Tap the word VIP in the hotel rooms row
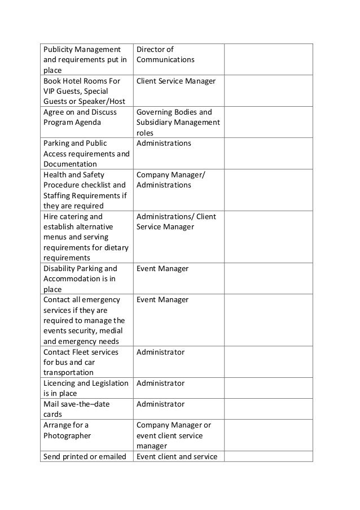[50, 91]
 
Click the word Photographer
[67, 435]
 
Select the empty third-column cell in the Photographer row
[268, 435]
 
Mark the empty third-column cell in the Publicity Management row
[268, 59]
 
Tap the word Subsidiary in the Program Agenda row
[155, 123]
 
